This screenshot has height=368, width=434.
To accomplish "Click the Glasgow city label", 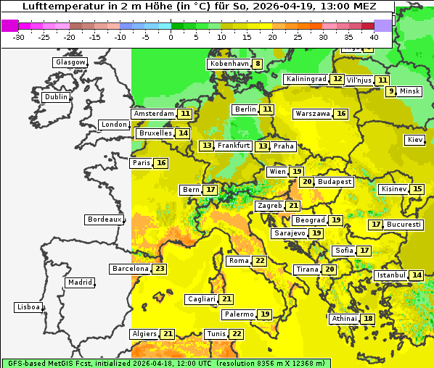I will pyautogui.click(x=70, y=62).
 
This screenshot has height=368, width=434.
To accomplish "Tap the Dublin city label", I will pyautogui.click(x=56, y=97).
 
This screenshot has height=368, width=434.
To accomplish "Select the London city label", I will pyautogui.click(x=114, y=125).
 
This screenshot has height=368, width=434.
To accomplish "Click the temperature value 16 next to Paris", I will pyautogui.click(x=161, y=163).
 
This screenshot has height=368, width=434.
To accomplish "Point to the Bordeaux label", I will pyautogui.click(x=105, y=219).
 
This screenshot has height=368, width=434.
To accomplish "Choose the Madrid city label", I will pyautogui.click(x=80, y=283).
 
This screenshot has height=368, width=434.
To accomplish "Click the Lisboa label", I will pyautogui.click(x=28, y=307).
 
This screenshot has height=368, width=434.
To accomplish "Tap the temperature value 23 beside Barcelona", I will pyautogui.click(x=160, y=269).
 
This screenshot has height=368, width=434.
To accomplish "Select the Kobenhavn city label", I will pyautogui.click(x=229, y=64).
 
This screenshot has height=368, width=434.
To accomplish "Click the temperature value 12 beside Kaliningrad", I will pyautogui.click(x=337, y=79).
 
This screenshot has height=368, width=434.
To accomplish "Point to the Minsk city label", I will pyautogui.click(x=410, y=91).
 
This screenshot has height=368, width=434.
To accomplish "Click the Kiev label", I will pyautogui.click(x=415, y=140).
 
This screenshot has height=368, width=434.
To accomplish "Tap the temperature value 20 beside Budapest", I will pyautogui.click(x=307, y=182).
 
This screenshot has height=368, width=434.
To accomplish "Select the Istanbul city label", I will pyautogui.click(x=390, y=275).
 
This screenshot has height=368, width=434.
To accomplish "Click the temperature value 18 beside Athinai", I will pyautogui.click(x=369, y=319).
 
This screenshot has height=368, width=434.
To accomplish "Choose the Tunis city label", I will pyautogui.click(x=216, y=334).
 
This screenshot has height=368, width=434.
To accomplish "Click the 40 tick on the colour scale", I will pyautogui.click(x=374, y=38).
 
